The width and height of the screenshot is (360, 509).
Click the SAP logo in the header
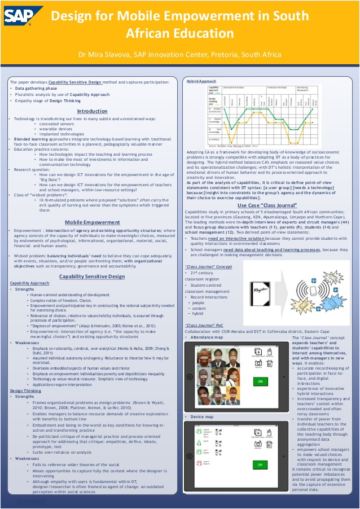(23, 15)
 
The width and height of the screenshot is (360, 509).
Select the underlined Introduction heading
(92, 111)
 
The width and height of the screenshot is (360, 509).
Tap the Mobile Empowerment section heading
(92, 222)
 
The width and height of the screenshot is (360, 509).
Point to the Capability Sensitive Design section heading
(92, 277)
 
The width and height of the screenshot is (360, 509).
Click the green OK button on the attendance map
(260, 382)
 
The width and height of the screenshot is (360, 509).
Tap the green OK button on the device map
(260, 464)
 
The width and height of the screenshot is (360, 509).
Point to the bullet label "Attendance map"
(207, 337)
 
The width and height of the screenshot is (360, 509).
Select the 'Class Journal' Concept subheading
(208, 266)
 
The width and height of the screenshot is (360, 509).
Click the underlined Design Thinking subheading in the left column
(26, 390)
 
